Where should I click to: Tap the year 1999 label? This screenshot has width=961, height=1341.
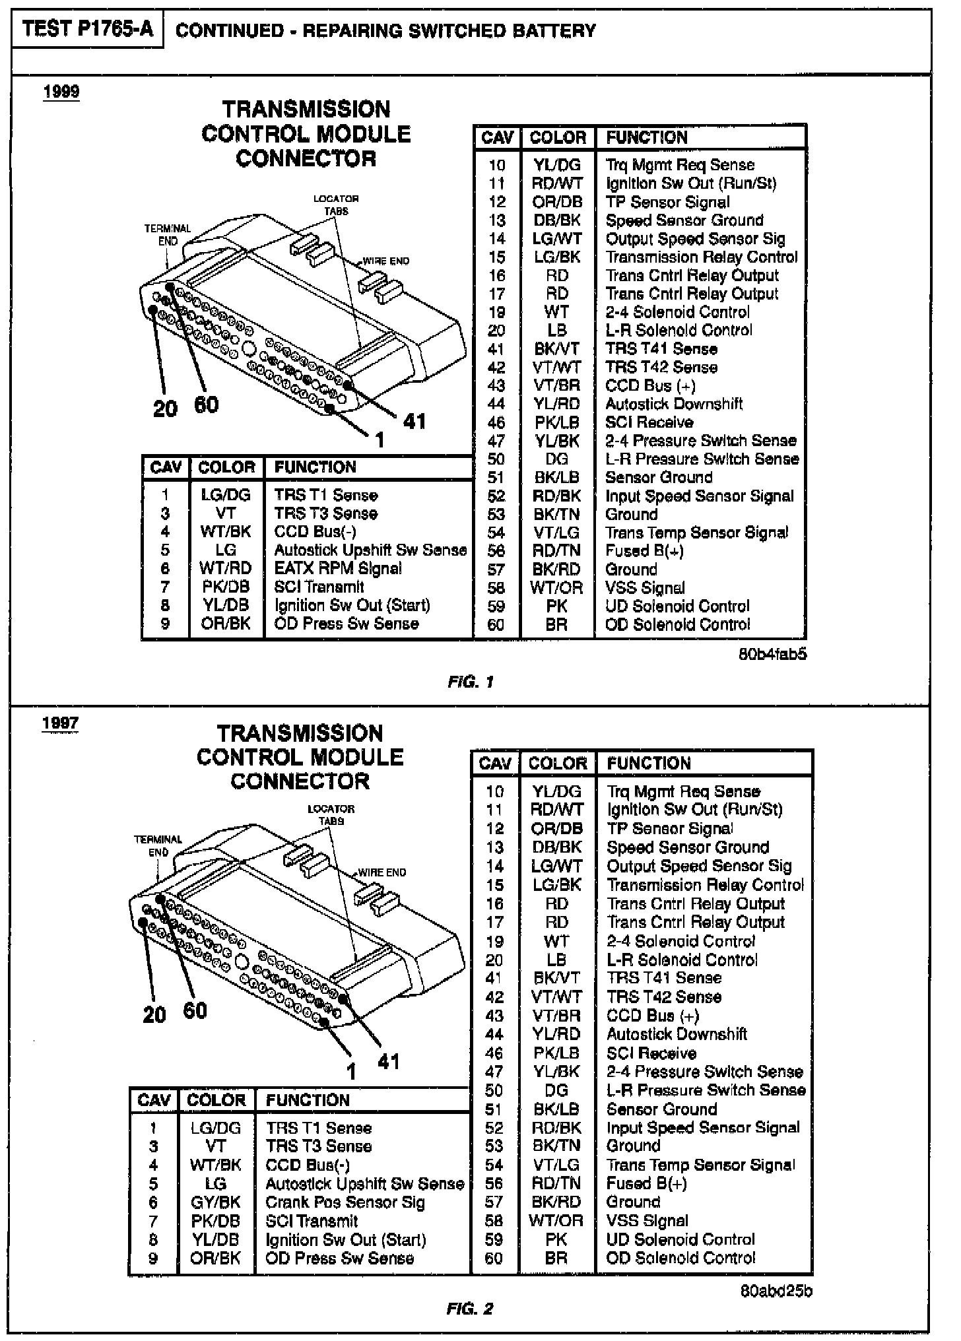[x=61, y=92]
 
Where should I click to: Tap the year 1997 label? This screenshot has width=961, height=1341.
[x=60, y=723]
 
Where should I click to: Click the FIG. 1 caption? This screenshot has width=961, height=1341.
[x=471, y=682]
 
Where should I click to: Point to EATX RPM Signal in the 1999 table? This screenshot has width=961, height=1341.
[x=338, y=568]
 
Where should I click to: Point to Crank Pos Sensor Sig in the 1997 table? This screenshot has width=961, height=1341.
[x=345, y=1202]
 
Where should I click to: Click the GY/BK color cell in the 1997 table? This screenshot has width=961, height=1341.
[x=216, y=1202]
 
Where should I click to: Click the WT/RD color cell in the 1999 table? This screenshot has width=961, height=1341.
[x=226, y=568]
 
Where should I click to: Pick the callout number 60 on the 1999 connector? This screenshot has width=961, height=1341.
[x=206, y=404]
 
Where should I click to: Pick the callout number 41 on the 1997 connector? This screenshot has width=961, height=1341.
[x=389, y=1061]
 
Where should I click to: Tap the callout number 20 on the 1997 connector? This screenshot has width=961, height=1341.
[x=154, y=1014]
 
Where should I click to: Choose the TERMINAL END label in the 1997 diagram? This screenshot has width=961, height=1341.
[x=158, y=846]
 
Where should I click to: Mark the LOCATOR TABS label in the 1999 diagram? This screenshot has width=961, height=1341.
[x=336, y=205]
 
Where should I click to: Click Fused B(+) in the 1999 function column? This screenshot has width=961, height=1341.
[x=644, y=550]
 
